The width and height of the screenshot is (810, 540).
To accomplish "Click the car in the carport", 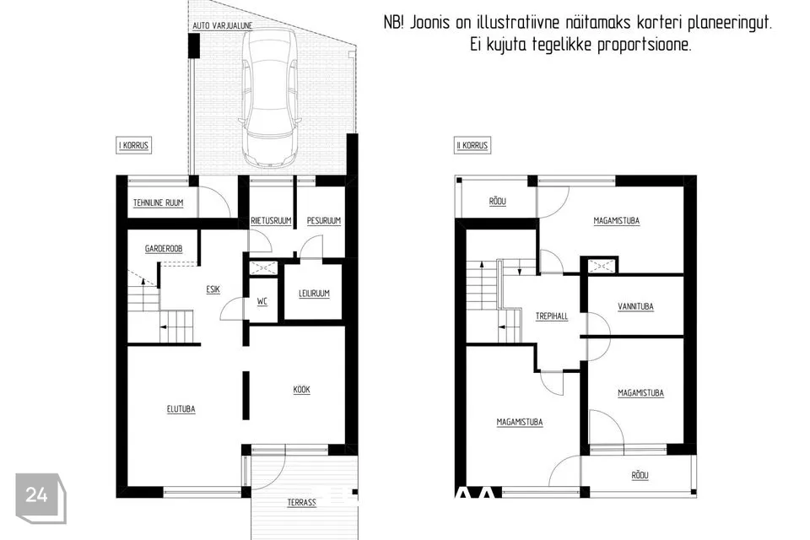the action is [270, 97].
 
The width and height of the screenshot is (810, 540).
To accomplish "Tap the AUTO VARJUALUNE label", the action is [222, 25].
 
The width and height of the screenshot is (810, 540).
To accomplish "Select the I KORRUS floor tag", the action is [134, 145].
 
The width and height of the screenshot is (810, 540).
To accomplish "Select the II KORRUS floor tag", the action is [472, 145].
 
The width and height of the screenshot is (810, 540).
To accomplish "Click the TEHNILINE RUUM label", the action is [158, 203].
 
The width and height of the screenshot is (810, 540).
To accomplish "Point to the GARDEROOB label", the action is [164, 249].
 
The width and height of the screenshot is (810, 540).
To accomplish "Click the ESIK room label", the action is [213, 289].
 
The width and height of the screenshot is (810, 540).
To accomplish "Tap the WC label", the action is [262, 301].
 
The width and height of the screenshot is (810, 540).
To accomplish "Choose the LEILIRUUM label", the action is [314, 294].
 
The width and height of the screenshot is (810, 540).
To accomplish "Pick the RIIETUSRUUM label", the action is [271, 221].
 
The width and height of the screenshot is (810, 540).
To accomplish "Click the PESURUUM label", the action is [324, 221].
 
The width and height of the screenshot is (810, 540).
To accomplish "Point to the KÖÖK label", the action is [302, 390].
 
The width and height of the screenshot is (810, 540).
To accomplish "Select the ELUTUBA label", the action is [181, 409].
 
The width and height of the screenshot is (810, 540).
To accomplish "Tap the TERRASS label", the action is [302, 502].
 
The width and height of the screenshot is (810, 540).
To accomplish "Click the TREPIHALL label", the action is [552, 316].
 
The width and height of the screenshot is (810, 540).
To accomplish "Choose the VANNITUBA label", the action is [636, 306].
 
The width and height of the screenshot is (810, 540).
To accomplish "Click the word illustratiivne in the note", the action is [517, 23].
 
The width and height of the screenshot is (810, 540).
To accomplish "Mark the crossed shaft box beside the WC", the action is [263, 267].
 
